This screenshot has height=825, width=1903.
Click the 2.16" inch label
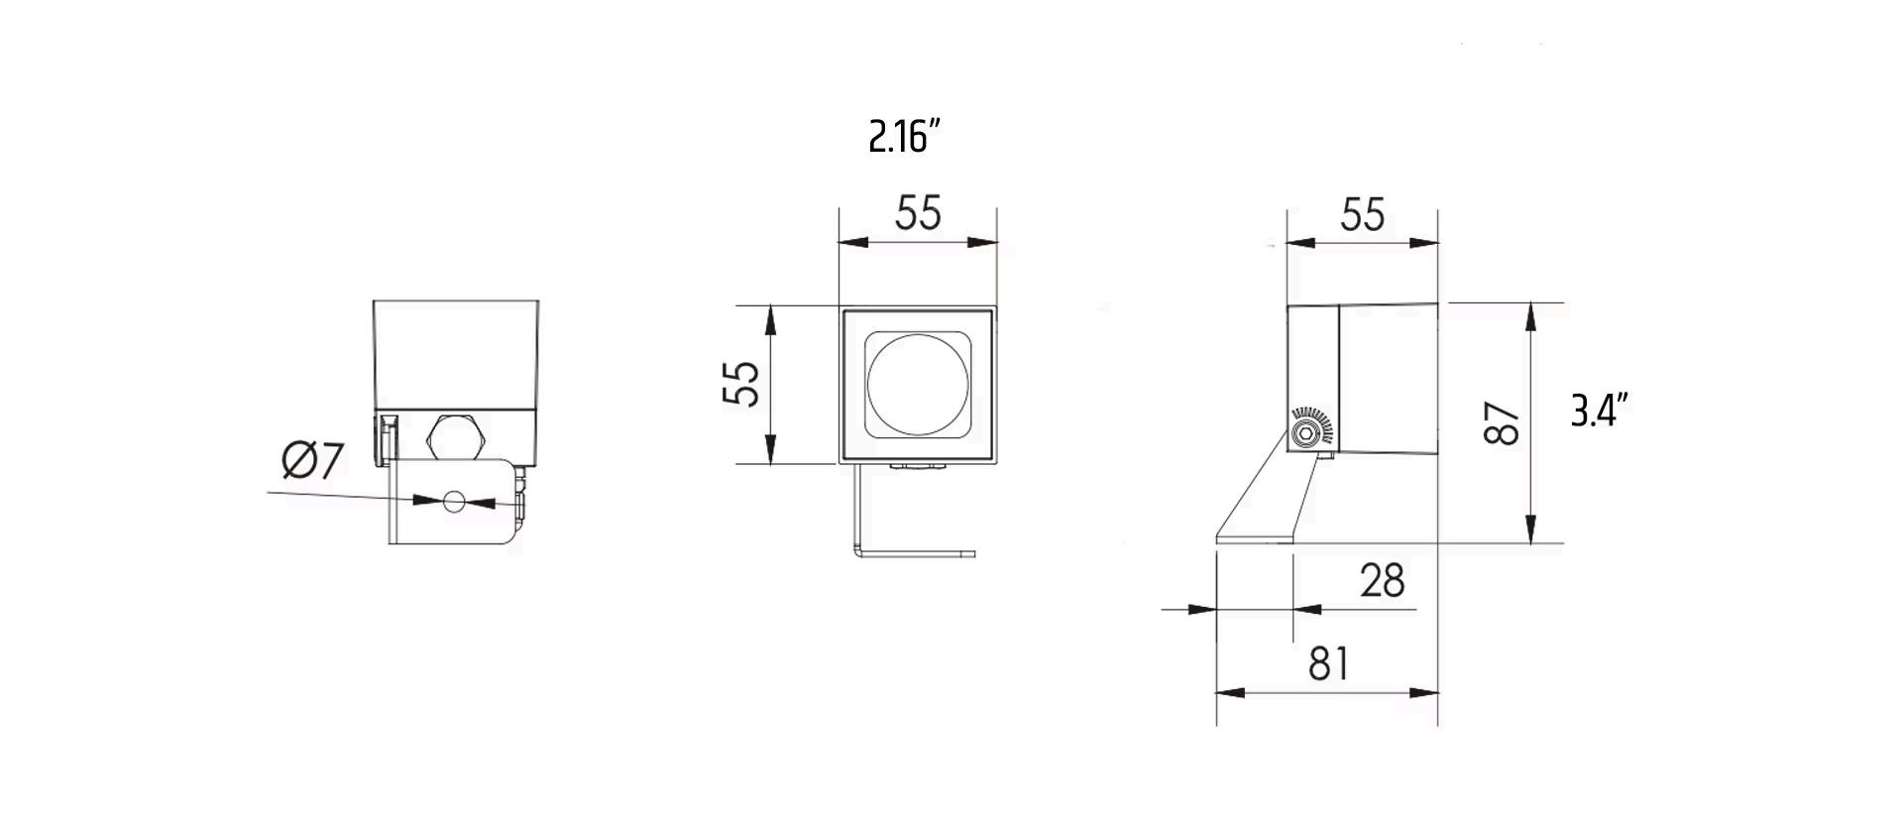tap(904, 136)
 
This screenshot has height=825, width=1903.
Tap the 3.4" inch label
tap(1600, 410)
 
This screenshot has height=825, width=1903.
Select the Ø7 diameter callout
tap(313, 461)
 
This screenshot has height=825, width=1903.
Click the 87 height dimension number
tap(1503, 423)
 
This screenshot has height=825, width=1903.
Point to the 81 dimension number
tap(1329, 664)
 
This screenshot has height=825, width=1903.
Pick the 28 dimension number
tap(1383, 581)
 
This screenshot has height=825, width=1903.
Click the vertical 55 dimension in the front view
tap(741, 383)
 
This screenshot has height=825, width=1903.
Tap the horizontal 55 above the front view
tap(918, 213)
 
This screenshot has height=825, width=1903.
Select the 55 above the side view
tap(1362, 215)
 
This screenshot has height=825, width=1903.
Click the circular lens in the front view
tap(918, 384)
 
